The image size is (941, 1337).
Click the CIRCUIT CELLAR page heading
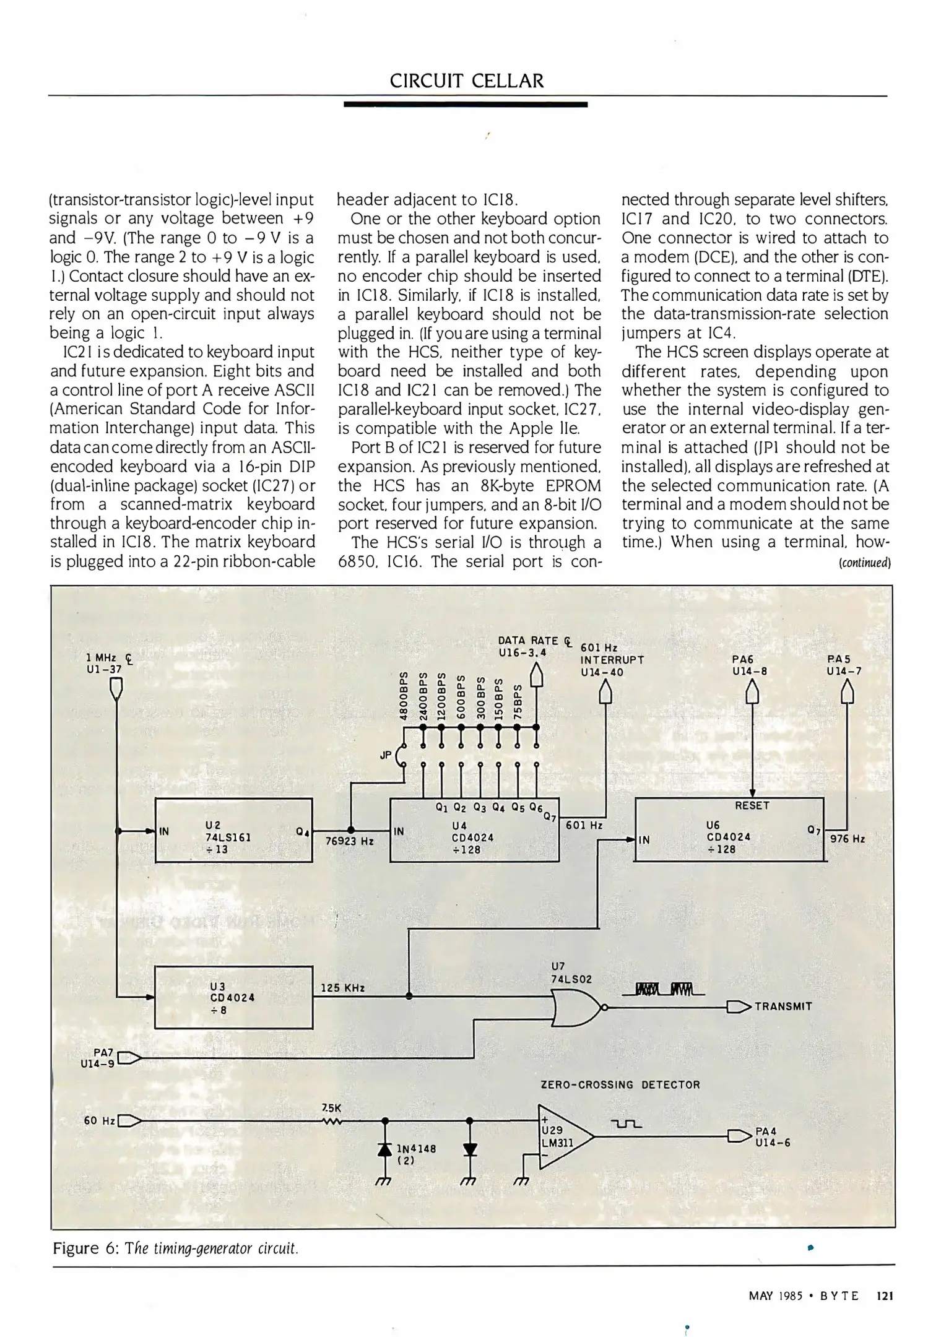point(467,80)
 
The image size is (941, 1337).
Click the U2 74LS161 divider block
point(233,830)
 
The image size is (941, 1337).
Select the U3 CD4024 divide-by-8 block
point(233,997)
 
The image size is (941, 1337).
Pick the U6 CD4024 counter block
point(729,830)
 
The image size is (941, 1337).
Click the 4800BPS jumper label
point(404,695)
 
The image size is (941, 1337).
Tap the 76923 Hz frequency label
point(350,841)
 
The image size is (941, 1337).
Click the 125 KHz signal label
point(342,988)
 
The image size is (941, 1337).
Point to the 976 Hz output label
point(847,839)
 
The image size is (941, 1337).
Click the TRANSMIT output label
point(783,1006)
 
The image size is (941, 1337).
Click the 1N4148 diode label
point(416,1148)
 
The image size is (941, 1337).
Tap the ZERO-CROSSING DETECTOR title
point(620,1084)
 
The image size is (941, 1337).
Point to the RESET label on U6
point(752,805)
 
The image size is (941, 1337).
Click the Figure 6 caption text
point(176,1247)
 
